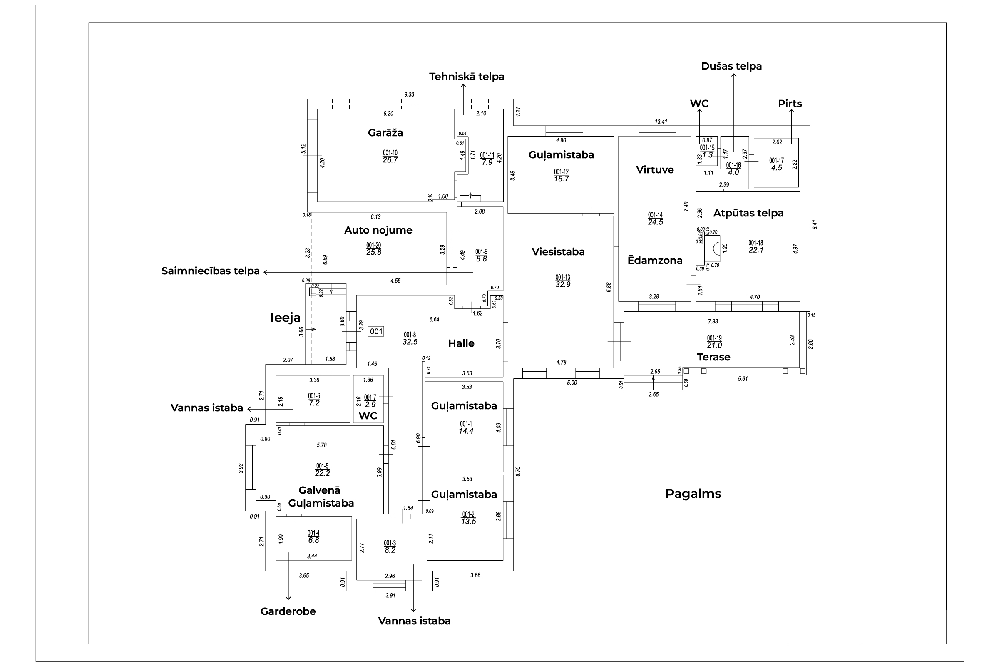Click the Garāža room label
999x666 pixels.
385,132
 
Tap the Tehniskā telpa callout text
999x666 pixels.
466,77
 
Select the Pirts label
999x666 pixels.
790,104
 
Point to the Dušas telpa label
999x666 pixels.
731,66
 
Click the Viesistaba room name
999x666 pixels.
558,252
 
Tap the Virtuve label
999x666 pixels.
654,170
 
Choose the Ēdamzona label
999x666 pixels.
655,261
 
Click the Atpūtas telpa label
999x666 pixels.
748,213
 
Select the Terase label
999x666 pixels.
713,357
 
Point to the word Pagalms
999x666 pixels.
693,494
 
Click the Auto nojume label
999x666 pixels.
378,230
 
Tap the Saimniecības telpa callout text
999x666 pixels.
210,271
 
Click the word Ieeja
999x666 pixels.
286,318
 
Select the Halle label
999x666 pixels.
461,343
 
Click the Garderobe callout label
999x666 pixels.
288,611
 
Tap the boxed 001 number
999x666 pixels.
376,331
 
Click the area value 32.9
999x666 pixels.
563,285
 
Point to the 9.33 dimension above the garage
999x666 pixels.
409,95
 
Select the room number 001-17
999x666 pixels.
776,161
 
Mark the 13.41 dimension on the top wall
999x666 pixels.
661,122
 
